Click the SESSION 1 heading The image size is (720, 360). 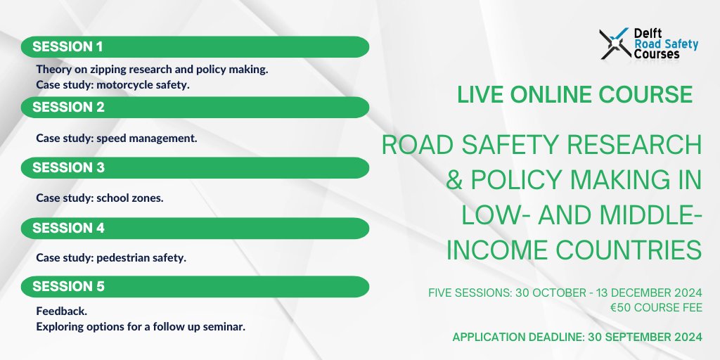[67, 47]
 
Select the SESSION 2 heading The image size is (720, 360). [68, 108]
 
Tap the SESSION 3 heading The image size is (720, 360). [68, 168]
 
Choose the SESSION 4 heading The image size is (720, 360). [68, 228]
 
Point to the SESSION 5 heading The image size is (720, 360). [68, 287]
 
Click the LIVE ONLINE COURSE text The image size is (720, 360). [574, 95]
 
